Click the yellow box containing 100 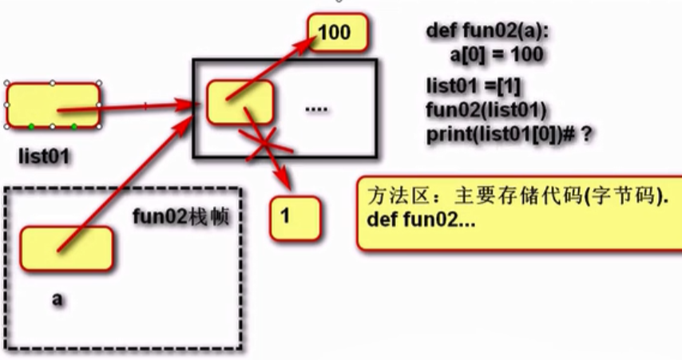pos(339,34)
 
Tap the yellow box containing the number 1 pos(295,216)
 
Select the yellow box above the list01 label pos(53,105)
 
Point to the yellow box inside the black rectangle pos(240,101)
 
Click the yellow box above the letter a pos(66,247)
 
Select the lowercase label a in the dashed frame pos(57,299)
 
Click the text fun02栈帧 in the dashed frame pos(182,216)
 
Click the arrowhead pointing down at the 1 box pos(281,181)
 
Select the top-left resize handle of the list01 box pos(7,82)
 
